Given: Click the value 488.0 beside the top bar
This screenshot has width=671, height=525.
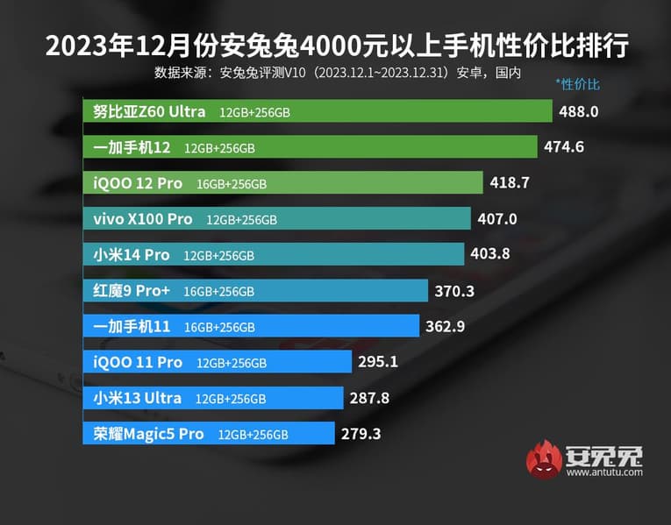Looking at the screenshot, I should pos(579,111).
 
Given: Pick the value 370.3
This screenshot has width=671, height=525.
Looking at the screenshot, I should pos(455,290).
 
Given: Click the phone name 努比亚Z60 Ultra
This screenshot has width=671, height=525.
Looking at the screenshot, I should pos(149,111).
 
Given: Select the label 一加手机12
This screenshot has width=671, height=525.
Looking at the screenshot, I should pos(132,147).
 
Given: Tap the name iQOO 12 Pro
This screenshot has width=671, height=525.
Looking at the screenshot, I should pos(138,183).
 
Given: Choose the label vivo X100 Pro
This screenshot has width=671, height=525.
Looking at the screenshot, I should pos(144,219).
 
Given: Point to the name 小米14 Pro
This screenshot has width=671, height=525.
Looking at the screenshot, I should pos(132,255).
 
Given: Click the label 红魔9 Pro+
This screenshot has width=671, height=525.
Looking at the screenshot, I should pos(132,291).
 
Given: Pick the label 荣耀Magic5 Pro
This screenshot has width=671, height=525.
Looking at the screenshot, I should pos(148,434).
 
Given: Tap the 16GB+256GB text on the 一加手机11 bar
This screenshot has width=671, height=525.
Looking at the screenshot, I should pos(220,327).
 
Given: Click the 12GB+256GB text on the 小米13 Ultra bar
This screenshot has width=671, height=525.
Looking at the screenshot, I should pos(231,399).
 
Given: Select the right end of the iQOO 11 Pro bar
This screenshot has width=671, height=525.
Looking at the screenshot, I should pos(349,362).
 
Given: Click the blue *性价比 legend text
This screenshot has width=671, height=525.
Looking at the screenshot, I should pos(577,84).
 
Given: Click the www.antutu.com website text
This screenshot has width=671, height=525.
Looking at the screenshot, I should pos(604,472).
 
